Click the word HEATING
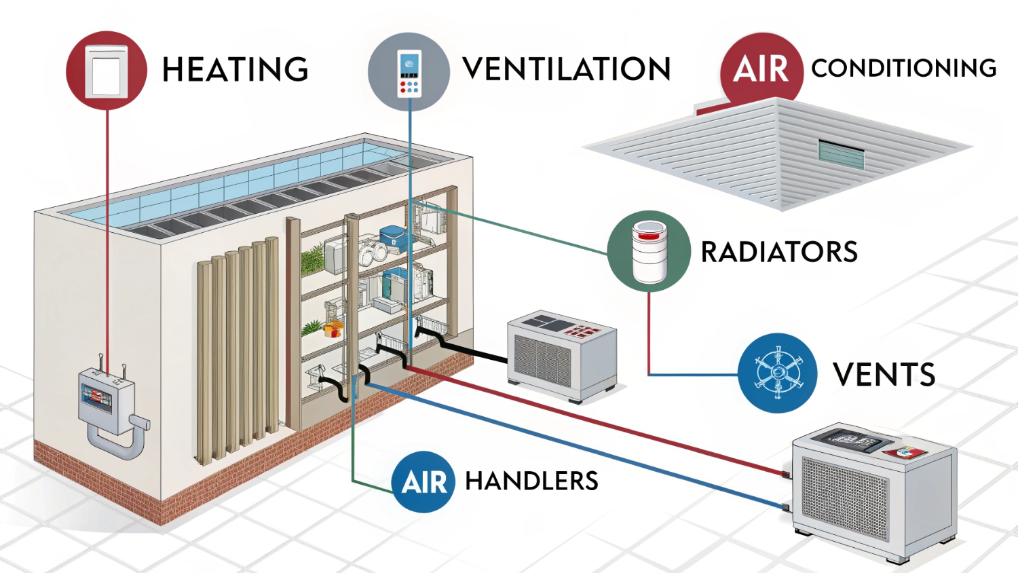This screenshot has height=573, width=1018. [x=235, y=70]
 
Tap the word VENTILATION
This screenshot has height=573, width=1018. [x=567, y=69]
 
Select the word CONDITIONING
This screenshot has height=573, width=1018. [x=903, y=68]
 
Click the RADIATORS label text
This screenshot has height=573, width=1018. [x=779, y=252]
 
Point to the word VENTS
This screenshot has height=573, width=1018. [x=884, y=375]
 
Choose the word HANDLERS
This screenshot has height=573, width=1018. [x=531, y=481]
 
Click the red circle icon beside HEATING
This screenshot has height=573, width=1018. [x=107, y=70]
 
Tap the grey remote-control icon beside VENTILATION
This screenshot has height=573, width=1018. [x=409, y=71]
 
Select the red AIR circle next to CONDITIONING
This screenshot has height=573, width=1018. [x=761, y=69]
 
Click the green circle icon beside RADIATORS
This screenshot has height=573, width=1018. [x=648, y=251]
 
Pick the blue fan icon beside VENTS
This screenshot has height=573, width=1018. [x=778, y=373]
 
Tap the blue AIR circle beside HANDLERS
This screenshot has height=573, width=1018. [x=423, y=482]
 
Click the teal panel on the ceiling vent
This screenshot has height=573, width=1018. [x=842, y=155]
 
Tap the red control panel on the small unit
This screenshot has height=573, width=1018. [x=583, y=331]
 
